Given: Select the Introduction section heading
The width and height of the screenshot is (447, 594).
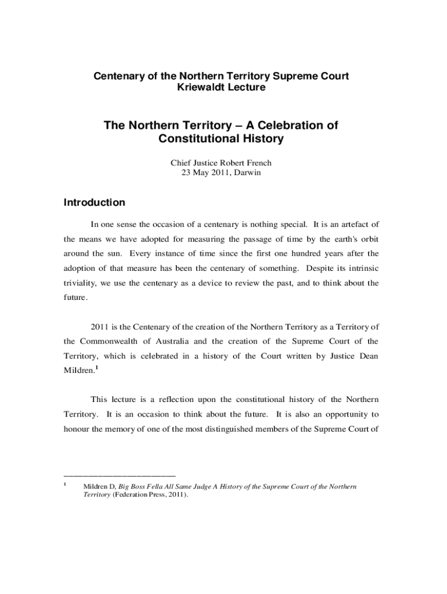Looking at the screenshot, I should [93, 202].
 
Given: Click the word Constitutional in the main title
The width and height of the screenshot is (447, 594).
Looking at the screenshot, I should [194, 139].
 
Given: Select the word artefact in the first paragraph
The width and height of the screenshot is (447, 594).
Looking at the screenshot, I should [350, 224].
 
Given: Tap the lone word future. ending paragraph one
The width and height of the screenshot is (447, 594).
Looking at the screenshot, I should [75, 298].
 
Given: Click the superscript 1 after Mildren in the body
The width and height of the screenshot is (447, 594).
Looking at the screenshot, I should [96, 368].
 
